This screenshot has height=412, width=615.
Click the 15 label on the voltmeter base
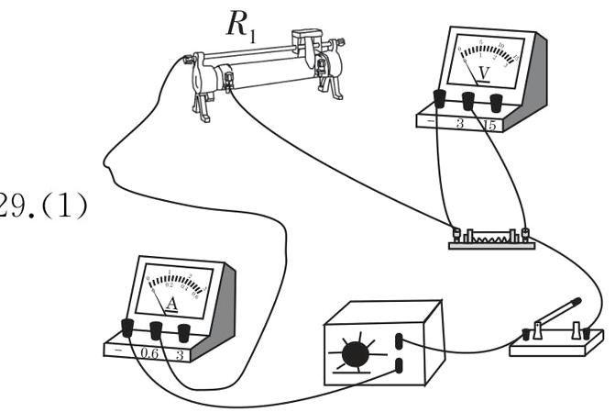pos(489,125)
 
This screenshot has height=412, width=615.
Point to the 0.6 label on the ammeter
pos(152,352)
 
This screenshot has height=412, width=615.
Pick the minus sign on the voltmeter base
pos(430,122)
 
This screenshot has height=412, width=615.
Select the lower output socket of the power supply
pos(400,367)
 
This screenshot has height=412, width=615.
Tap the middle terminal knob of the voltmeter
pos(469,99)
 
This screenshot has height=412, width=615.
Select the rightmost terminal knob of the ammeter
pos(185,329)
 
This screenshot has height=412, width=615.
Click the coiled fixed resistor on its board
pos(490,236)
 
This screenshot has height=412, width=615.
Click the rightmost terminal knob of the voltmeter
pos(496,101)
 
